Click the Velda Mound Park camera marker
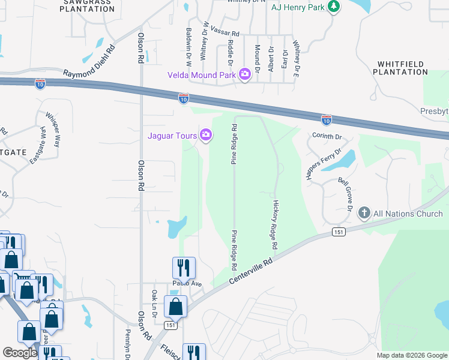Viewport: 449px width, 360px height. pyautogui.click(x=244, y=74)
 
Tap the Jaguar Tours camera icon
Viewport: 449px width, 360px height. pyautogui.click(x=206, y=135)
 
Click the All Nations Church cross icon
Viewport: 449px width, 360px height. pyautogui.click(x=364, y=213)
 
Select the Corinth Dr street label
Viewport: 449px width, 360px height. pyautogui.click(x=327, y=136)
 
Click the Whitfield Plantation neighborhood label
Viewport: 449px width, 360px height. pyautogui.click(x=400, y=68)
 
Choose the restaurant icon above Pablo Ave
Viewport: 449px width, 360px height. pyautogui.click(x=184, y=268)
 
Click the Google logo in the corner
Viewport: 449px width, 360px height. pyautogui.click(x=19, y=353)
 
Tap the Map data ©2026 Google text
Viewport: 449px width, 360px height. pyautogui.click(x=411, y=355)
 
